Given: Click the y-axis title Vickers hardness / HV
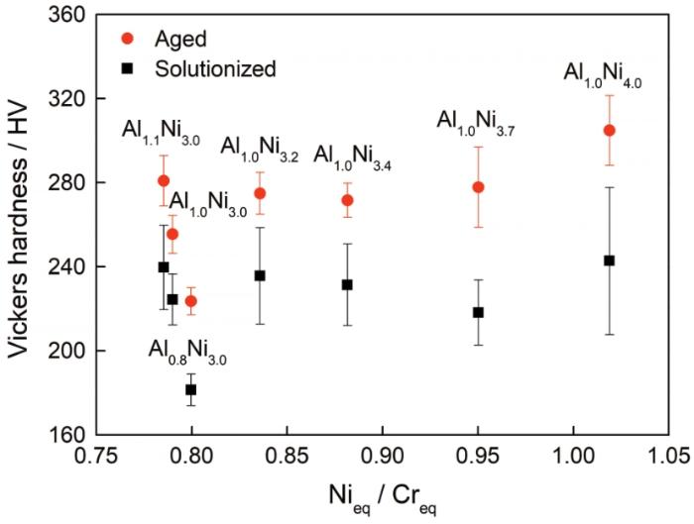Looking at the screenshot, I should point(19,225).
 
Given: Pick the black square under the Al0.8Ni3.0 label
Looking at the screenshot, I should point(190,389).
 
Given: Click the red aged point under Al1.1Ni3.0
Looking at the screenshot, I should point(164,180).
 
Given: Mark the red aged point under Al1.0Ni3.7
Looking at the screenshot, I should point(478,187).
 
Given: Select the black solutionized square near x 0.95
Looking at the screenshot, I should point(478,312).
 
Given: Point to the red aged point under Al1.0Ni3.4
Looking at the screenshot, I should point(347,200).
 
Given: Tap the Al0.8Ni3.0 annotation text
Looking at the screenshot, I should point(187,351).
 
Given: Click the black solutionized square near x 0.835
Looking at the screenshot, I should point(260,275).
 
